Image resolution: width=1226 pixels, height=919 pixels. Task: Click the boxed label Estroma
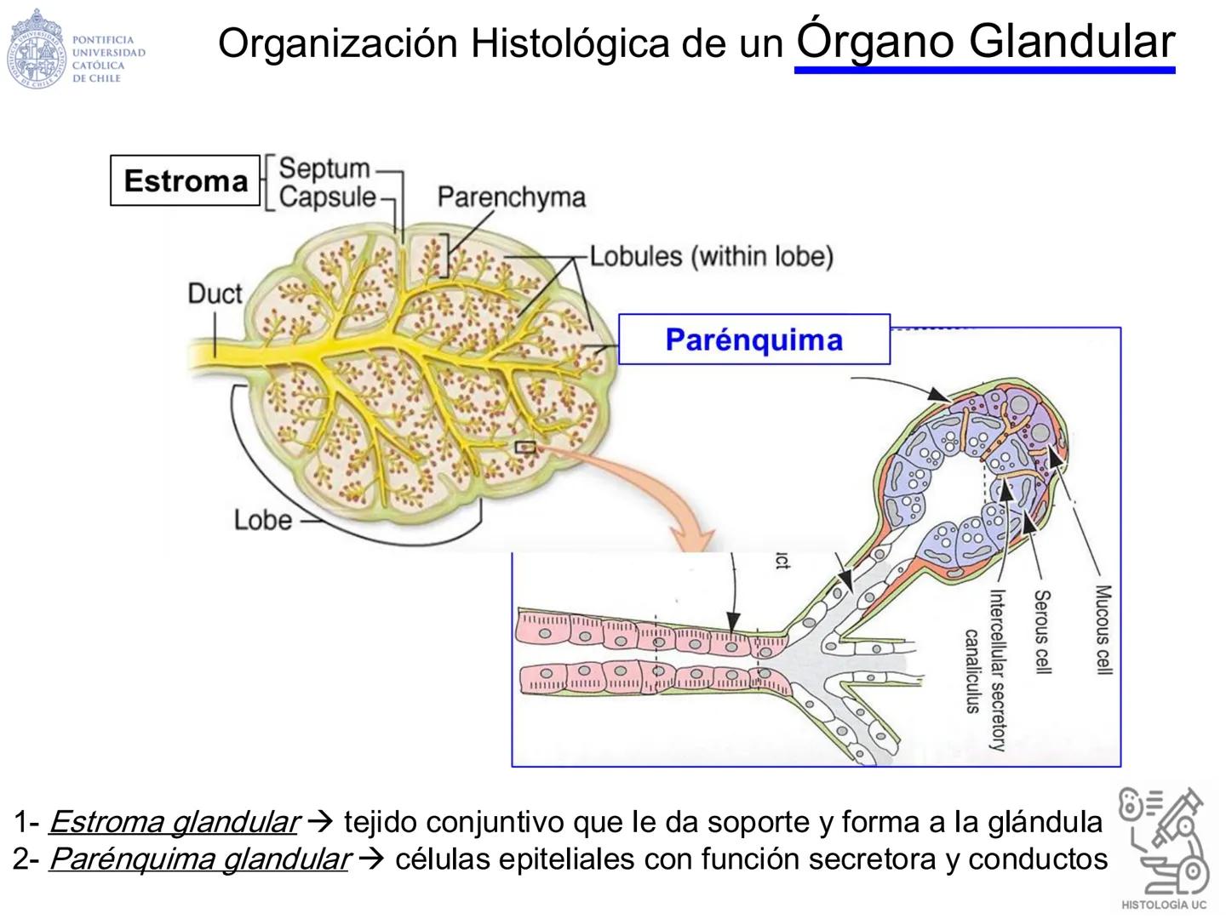click(x=185, y=180)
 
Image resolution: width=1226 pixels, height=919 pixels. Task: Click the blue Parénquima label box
click(x=753, y=340)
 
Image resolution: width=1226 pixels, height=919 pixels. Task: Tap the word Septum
click(x=324, y=168)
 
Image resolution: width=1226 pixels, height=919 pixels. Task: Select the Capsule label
click(x=327, y=197)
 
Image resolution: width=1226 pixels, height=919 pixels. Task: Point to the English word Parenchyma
click(x=512, y=197)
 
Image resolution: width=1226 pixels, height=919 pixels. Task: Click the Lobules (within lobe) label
click(x=711, y=256)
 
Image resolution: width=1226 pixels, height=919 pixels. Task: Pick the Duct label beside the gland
click(x=215, y=294)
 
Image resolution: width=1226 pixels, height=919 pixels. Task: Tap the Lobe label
click(x=262, y=519)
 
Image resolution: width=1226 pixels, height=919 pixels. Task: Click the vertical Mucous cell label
click(x=1103, y=630)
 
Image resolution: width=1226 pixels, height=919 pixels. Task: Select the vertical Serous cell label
click(x=1042, y=631)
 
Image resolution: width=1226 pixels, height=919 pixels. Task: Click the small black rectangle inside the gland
click(x=525, y=447)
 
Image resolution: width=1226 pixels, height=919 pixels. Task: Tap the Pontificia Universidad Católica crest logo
click(x=36, y=49)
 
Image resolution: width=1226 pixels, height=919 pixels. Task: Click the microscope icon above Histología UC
click(x=1164, y=838)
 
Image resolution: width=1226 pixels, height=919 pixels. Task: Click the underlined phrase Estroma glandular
click(x=174, y=822)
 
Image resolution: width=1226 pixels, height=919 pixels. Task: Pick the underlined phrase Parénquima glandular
click(x=199, y=859)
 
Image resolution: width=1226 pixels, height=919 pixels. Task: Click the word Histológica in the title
click(x=570, y=43)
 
